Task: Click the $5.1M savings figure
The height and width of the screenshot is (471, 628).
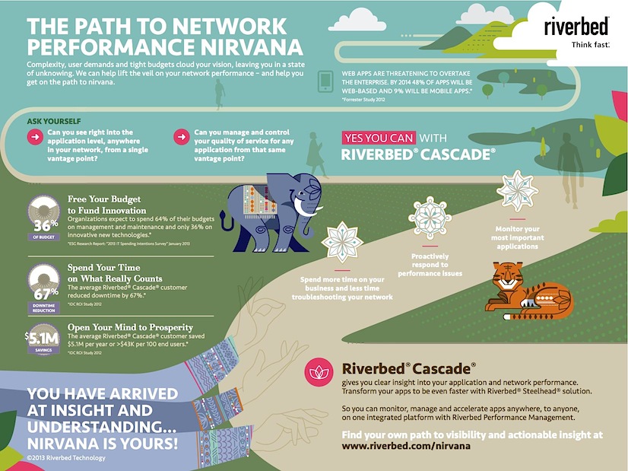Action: click(43, 337)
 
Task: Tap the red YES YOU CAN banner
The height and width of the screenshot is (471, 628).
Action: click(379, 138)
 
